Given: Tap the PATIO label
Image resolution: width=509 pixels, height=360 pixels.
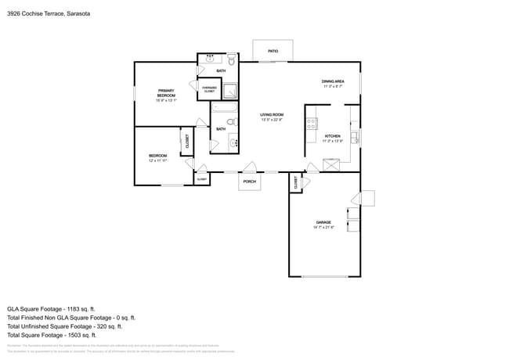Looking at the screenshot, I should point(273,51).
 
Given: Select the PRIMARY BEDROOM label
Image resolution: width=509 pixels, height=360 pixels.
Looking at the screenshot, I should point(166,92).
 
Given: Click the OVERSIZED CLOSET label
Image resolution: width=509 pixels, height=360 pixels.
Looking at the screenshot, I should point(209,89).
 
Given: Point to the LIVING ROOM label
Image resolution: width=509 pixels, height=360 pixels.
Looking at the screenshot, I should point(271,115).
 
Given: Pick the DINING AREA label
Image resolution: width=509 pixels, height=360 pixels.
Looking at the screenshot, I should point(333,81).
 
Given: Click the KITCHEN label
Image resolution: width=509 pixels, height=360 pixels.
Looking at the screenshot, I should point(333,135).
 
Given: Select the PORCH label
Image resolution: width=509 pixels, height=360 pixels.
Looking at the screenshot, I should point(249,182).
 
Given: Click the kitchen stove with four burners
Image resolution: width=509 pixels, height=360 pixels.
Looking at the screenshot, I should point(311,122).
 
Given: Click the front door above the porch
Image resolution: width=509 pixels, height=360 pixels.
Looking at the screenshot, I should point(249,167).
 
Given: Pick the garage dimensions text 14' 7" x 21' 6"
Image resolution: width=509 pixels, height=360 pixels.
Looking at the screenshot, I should point(323,228).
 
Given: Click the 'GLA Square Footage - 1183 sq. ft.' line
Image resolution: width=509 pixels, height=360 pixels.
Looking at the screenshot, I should point(51,308).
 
